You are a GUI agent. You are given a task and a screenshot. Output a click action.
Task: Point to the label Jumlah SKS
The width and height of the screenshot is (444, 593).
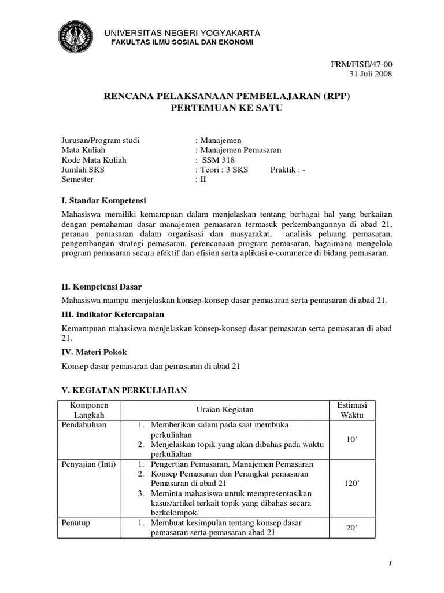[x=83, y=170]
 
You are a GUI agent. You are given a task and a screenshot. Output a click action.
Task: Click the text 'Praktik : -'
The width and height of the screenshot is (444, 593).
[x=287, y=170]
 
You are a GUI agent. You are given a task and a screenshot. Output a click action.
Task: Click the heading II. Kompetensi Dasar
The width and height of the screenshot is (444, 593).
[x=102, y=287]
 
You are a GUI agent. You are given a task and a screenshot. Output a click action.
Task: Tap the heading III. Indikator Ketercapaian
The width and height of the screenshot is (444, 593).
[x=113, y=314]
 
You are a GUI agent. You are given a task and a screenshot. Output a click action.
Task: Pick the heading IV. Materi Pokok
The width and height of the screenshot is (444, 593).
[x=94, y=352]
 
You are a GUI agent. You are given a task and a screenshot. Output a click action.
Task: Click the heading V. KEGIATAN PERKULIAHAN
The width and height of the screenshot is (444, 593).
[x=124, y=391]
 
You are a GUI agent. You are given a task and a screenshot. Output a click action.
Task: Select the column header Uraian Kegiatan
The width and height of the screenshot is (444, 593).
[x=225, y=410]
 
